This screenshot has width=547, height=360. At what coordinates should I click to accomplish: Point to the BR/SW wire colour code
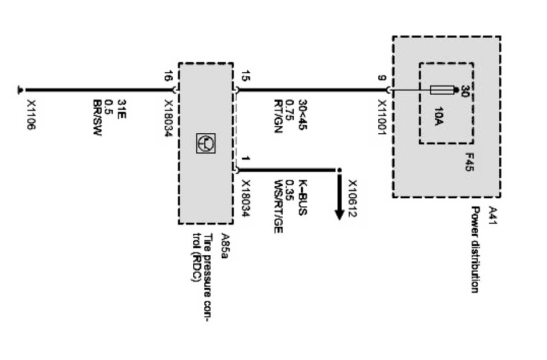point(98,115)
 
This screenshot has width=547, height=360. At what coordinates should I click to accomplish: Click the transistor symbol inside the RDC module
point(207,142)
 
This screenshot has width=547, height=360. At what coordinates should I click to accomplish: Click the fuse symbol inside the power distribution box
point(443,90)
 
